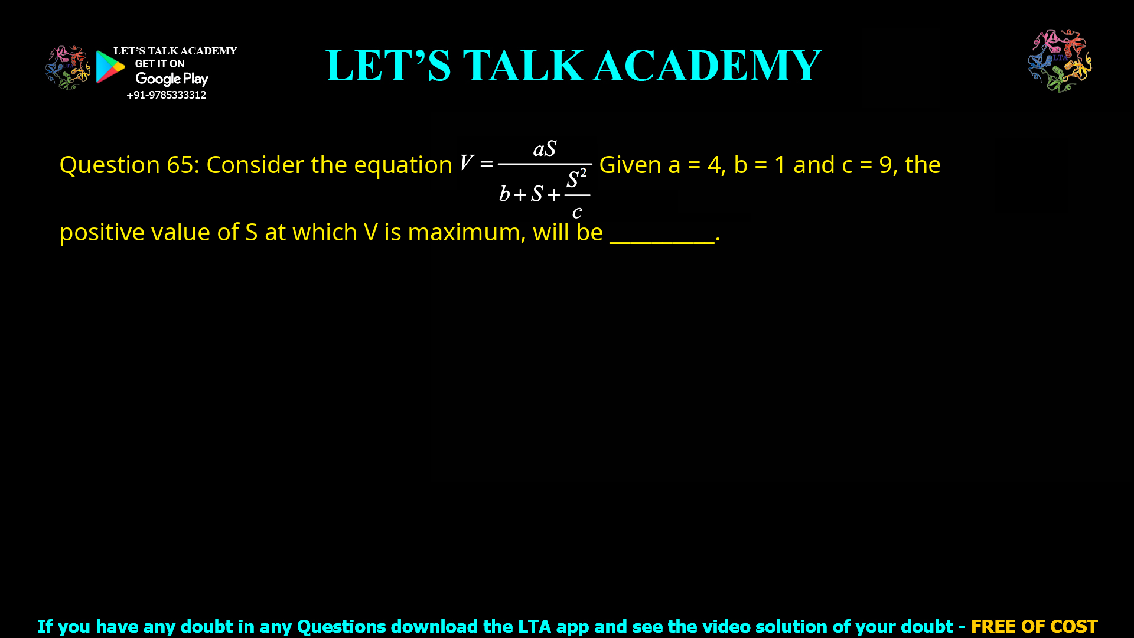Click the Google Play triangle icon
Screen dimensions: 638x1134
coord(110,67)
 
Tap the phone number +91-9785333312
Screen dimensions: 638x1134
coord(166,95)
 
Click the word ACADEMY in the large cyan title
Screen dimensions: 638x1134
coord(707,66)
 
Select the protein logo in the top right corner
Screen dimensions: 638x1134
coord(1060,60)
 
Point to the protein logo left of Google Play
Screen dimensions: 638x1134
coord(67,67)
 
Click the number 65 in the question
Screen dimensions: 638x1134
coord(180,165)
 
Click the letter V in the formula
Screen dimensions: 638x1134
coord(466,162)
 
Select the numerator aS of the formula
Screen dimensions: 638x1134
coord(545,149)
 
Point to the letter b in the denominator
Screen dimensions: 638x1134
coord(504,194)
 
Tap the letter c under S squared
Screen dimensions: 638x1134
coord(577,211)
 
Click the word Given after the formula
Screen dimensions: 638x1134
coord(630,165)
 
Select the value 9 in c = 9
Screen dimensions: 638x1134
coord(885,165)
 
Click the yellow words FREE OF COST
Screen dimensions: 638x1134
coord(1034,626)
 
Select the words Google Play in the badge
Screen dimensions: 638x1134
coord(171,79)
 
